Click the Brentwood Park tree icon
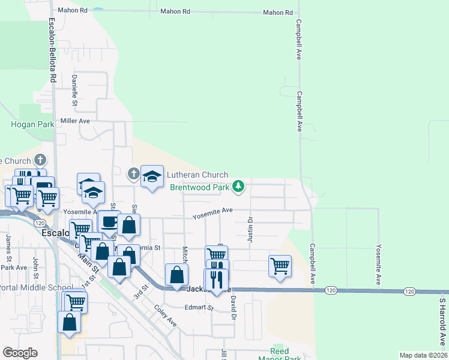coord(239,187)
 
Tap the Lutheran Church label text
coord(197,175)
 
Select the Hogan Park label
coord(32,124)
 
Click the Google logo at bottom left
coord(20,353)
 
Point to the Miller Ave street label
coord(75,121)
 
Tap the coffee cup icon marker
coord(109,221)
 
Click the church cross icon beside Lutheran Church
coord(133,175)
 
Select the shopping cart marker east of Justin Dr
coord(280,265)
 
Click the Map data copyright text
coord(423,355)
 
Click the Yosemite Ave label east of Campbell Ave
coord(378,264)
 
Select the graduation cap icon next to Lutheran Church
coord(152,176)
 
